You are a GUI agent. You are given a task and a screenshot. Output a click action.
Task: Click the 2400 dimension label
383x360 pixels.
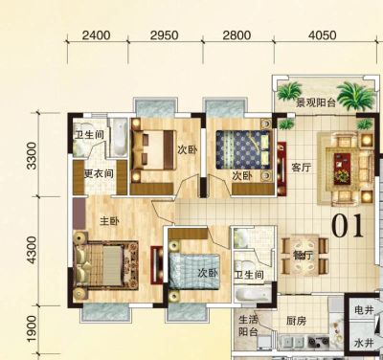[96, 35]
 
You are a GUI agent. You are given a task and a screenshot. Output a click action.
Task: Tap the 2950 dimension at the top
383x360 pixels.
[165, 35]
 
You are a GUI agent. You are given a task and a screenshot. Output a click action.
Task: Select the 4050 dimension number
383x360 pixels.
[323, 35]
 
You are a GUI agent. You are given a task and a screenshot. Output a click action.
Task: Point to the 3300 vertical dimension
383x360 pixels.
[32, 156]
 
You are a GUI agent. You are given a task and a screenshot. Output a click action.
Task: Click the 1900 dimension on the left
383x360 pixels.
[32, 328]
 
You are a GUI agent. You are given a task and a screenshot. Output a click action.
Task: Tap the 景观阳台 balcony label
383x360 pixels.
[316, 102]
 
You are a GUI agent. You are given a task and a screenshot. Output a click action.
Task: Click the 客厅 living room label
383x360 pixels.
[301, 168]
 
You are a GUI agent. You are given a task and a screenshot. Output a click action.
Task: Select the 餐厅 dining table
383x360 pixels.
[304, 255]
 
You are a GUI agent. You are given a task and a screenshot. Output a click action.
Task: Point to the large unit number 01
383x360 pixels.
[348, 226]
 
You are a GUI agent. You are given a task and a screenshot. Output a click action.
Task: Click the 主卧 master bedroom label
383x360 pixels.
[109, 221]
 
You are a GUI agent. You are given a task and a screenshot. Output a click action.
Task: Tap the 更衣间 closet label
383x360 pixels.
[99, 173]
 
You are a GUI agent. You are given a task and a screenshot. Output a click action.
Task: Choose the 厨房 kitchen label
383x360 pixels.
[296, 321]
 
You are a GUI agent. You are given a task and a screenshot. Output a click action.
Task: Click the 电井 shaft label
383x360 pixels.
[364, 309]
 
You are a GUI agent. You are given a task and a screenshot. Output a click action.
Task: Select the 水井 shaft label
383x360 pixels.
[364, 343]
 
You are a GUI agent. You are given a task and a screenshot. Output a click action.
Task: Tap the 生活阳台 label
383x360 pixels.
[248, 326]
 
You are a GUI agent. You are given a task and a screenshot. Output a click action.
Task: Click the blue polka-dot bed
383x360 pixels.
[242, 149]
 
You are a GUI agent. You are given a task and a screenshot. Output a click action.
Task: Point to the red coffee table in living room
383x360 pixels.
[342, 169]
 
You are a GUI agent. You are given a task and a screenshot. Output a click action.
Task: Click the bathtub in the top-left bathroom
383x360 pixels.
[119, 138]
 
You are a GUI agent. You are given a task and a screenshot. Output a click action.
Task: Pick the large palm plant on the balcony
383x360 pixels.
[356, 96]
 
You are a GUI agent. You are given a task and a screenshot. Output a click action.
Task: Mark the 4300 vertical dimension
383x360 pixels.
[32, 250]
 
